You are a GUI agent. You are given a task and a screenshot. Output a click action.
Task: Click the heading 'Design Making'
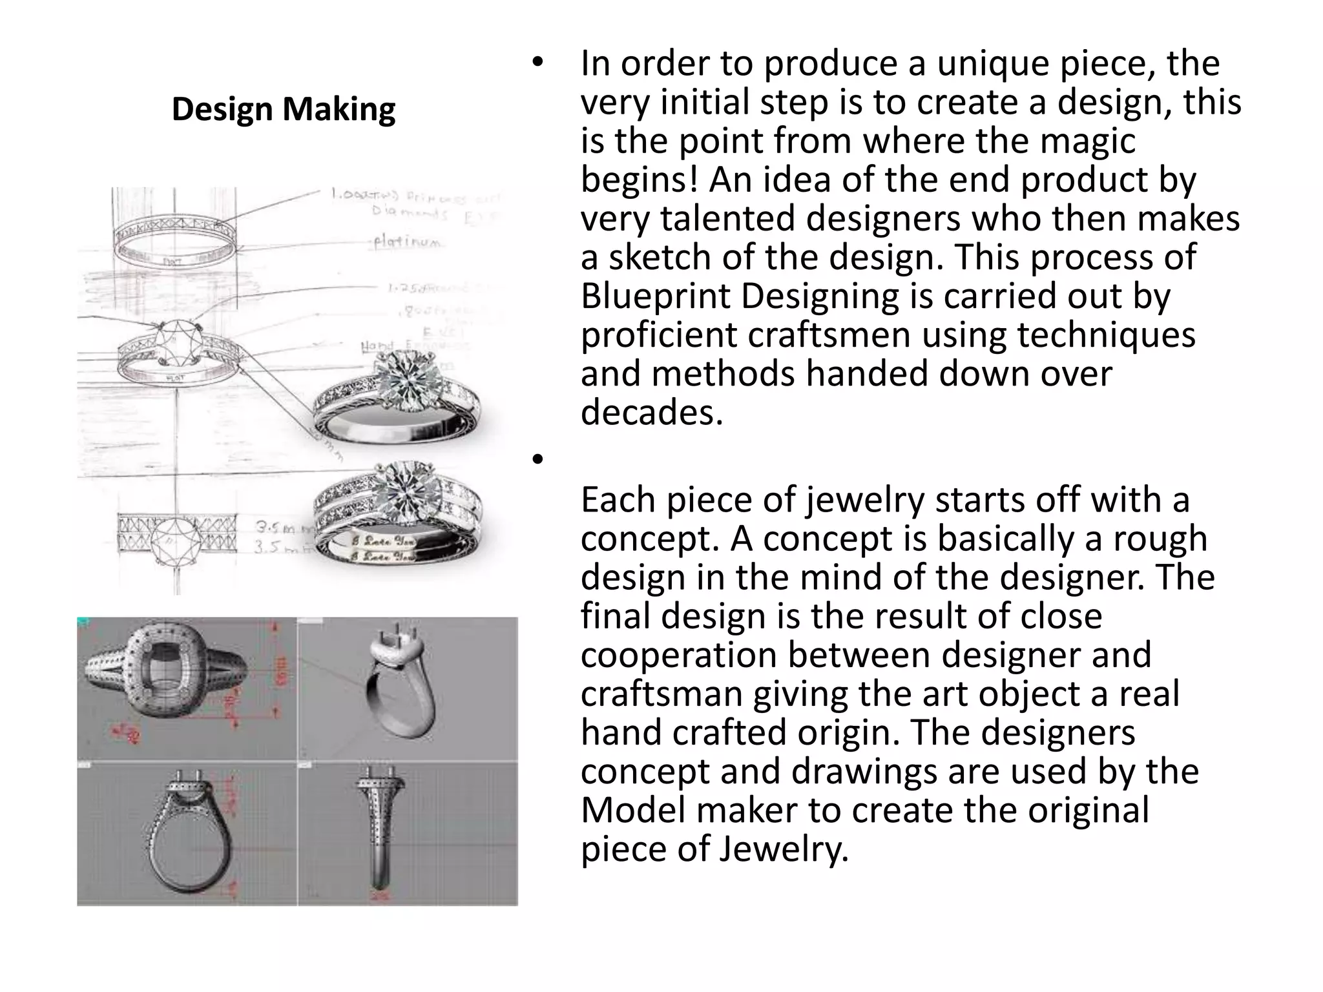pyautogui.click(x=283, y=109)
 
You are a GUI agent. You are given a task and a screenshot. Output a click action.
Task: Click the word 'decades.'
pyautogui.click(x=651, y=412)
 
